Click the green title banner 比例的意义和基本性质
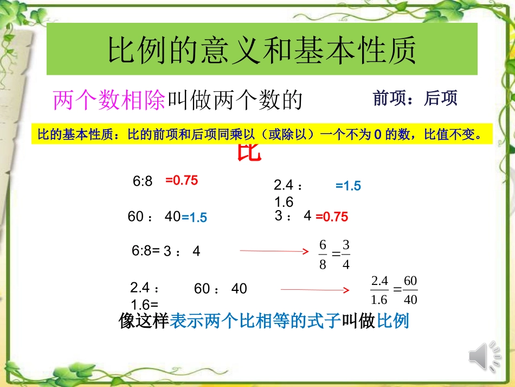(262, 49)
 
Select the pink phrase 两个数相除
(108, 100)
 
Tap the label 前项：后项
(415, 98)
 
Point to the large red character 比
(249, 154)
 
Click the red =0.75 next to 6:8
(182, 181)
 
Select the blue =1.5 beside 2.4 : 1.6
(348, 186)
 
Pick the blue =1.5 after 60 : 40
(194, 218)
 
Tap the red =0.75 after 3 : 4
(331, 217)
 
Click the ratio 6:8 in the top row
(143, 181)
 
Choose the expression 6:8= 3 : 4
(166, 251)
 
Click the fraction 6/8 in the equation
(323, 255)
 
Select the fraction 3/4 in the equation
(346, 255)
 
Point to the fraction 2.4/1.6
(379, 290)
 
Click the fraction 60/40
(410, 290)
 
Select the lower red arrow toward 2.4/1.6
(314, 290)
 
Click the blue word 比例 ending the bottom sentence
(393, 321)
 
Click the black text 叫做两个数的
(234, 100)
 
